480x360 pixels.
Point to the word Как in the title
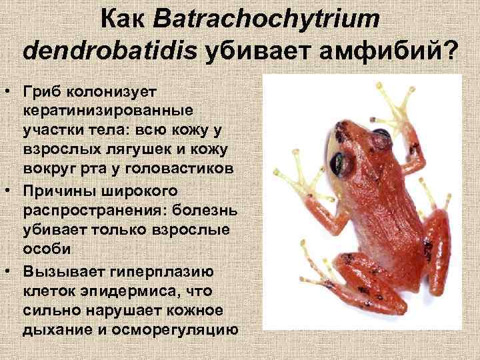point(125,19)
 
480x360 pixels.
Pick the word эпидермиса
point(126,292)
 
